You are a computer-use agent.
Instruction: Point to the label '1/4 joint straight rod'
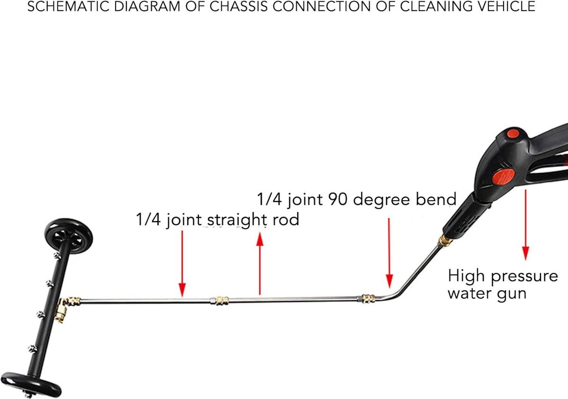[x=218, y=220]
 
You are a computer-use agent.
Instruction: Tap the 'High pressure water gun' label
[x=503, y=284]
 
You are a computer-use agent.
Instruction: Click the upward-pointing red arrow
[x=260, y=264]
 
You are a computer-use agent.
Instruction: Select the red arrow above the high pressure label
[x=525, y=225]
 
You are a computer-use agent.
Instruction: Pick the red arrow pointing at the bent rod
[x=389, y=253]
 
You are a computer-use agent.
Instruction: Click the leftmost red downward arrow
[x=182, y=264]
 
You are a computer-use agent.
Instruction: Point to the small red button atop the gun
[x=513, y=134]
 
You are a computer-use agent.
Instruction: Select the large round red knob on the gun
[x=503, y=177]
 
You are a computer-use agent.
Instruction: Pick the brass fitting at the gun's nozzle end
[x=445, y=240]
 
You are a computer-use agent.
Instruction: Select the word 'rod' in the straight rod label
[x=286, y=220]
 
